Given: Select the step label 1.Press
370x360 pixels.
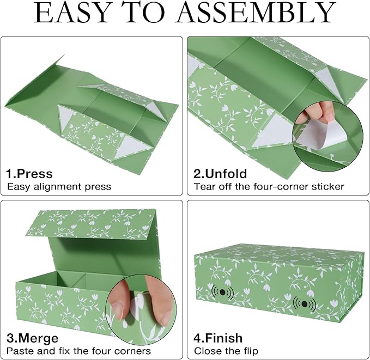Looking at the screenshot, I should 29,174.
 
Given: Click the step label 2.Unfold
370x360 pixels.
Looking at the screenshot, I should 221,174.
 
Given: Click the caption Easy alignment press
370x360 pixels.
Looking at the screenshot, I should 59,187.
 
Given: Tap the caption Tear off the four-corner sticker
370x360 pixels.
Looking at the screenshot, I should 269,187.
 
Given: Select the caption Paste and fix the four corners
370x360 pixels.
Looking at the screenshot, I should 78,351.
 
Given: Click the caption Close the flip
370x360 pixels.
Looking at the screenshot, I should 226,351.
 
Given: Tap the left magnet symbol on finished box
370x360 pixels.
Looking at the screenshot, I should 222,292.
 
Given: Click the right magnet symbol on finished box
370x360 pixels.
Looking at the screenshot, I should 304,303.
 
